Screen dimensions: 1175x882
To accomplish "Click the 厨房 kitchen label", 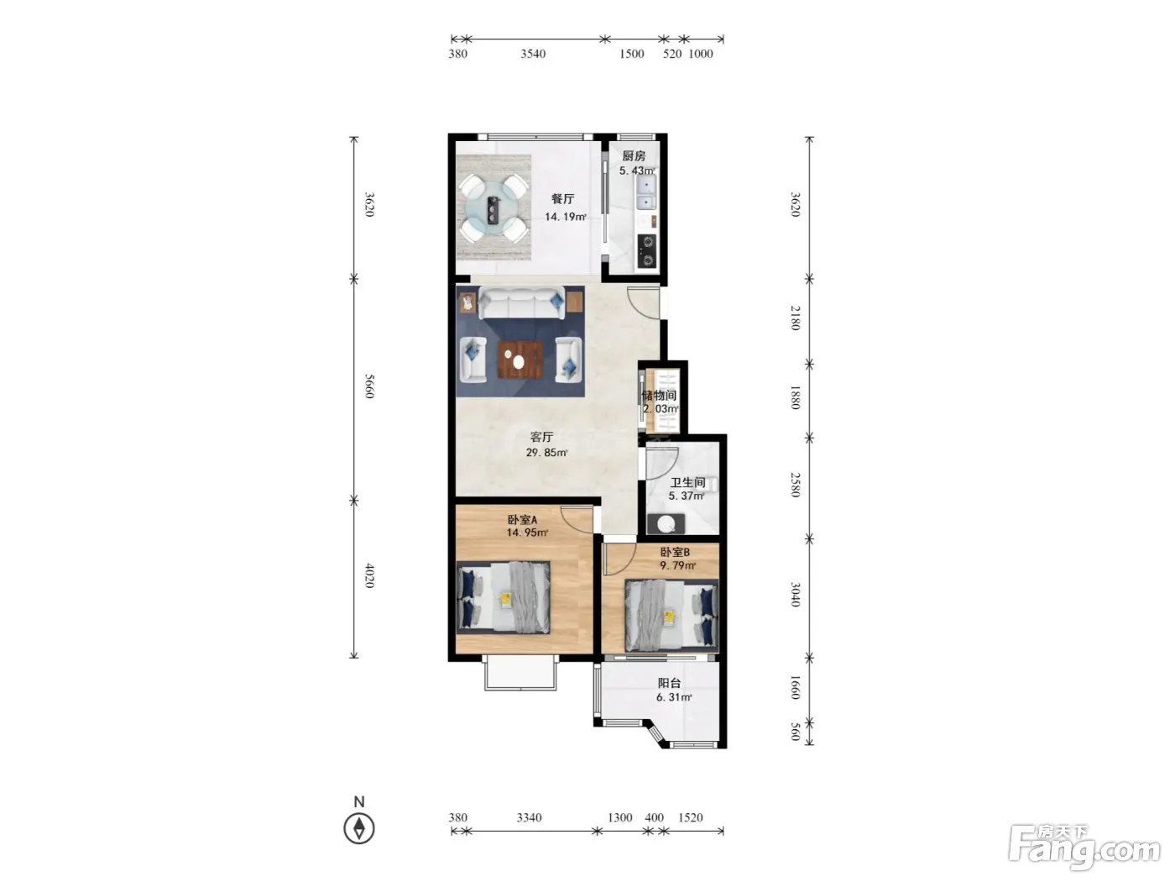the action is [634, 156].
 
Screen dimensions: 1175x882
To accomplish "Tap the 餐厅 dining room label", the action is [562, 199].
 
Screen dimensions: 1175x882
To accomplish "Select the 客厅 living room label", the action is [541, 437].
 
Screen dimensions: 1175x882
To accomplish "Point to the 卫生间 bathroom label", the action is [687, 482].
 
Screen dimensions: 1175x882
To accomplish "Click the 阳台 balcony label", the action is [669, 683].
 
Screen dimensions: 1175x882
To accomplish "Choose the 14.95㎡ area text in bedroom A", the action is [527, 533].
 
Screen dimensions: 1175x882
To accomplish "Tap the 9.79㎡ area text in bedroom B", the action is [677, 565].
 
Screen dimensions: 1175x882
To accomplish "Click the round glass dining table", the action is [493, 209].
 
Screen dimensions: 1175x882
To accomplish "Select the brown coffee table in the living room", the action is [520, 360].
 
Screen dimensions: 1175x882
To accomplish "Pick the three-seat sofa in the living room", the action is [521, 303].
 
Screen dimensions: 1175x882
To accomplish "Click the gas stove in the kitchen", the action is [646, 251].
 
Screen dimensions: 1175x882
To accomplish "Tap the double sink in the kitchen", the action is [646, 193].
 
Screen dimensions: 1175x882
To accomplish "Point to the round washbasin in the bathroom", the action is [666, 523].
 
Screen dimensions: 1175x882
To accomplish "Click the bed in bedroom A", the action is [504, 597].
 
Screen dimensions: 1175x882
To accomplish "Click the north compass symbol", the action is [358, 828].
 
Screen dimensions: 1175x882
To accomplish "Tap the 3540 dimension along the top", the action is [533, 54].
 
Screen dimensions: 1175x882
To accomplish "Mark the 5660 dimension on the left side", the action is [369, 386].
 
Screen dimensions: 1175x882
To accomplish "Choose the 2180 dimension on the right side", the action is [796, 318].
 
